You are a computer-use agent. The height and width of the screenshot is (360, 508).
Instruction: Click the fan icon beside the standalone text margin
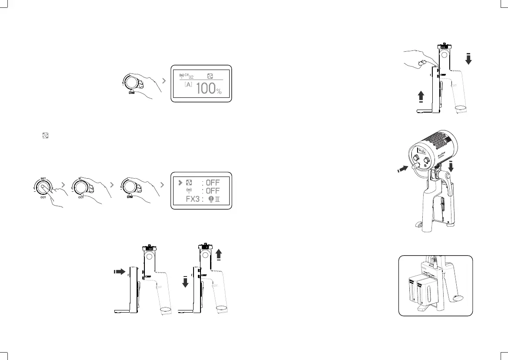(x=44, y=136)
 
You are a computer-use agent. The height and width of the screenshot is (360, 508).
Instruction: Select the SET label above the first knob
(x=43, y=178)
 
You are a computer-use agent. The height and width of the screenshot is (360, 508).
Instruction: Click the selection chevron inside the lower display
(x=180, y=182)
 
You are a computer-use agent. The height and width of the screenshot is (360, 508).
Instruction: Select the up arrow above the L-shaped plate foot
(x=421, y=96)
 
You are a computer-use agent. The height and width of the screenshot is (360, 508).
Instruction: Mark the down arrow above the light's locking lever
(x=451, y=167)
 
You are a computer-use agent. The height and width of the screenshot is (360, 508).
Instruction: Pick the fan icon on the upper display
(x=211, y=76)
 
